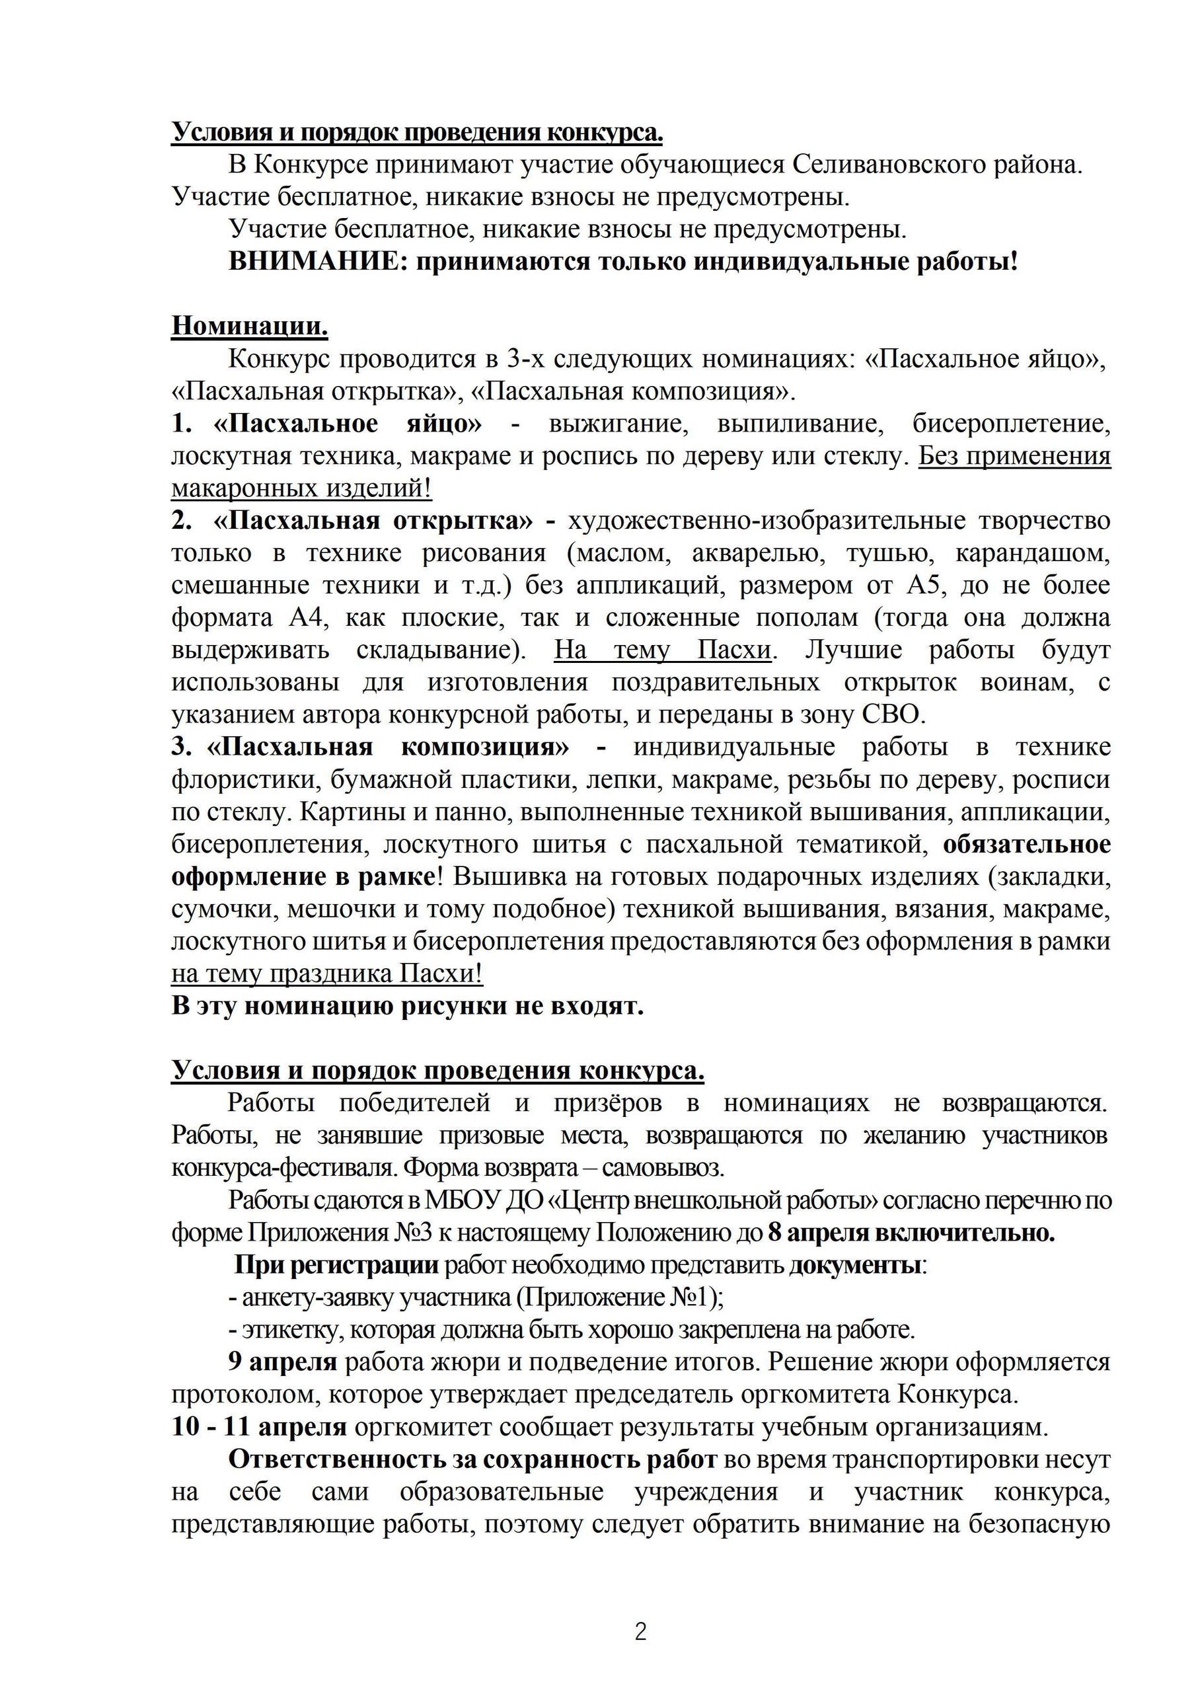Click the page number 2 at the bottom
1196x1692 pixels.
point(640,1632)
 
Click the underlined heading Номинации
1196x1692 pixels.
point(249,326)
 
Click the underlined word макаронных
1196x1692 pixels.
point(237,488)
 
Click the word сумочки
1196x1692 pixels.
point(225,909)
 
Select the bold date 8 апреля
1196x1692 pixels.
point(817,1232)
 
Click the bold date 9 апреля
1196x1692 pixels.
point(283,1362)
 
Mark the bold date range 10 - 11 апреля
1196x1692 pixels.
point(258,1427)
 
